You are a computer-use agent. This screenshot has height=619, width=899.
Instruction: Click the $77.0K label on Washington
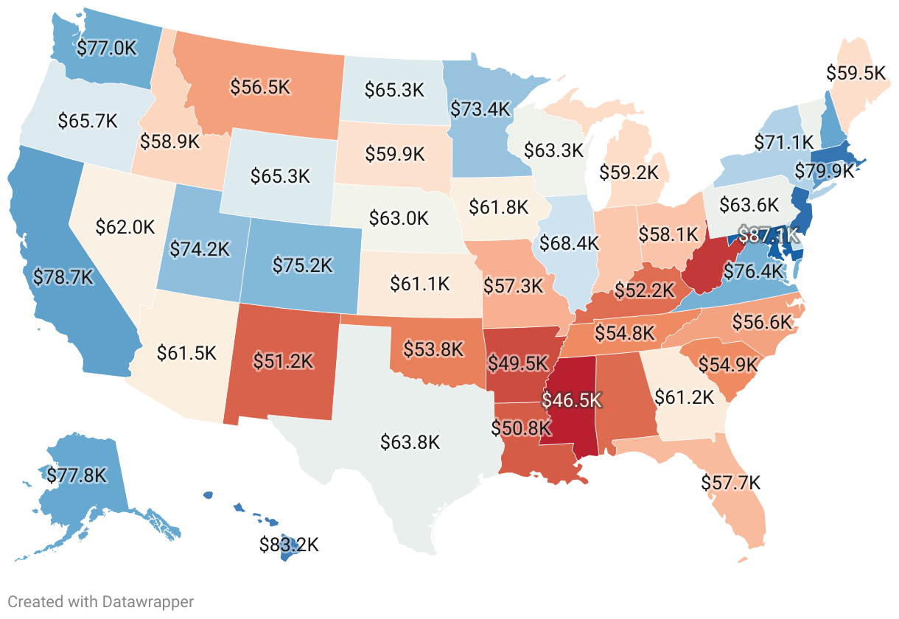[108, 49]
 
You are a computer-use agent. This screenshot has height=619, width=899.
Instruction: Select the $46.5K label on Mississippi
[572, 400]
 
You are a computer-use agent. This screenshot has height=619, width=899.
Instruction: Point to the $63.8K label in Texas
[410, 442]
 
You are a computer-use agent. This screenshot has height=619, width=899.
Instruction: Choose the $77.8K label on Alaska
[77, 475]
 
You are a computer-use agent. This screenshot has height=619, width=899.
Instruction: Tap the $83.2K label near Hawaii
[289, 545]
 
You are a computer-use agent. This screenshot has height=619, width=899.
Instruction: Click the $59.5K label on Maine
[855, 73]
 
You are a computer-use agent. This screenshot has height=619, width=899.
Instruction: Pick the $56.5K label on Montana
[259, 87]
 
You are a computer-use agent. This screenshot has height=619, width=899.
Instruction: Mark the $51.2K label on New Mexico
[283, 360]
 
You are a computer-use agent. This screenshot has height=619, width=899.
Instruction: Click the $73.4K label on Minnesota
[480, 109]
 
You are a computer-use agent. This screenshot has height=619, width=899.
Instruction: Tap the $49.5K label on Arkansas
[518, 363]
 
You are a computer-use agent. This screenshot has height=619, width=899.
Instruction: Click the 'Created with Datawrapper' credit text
[101, 601]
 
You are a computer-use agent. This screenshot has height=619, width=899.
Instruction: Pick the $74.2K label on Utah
[199, 249]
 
